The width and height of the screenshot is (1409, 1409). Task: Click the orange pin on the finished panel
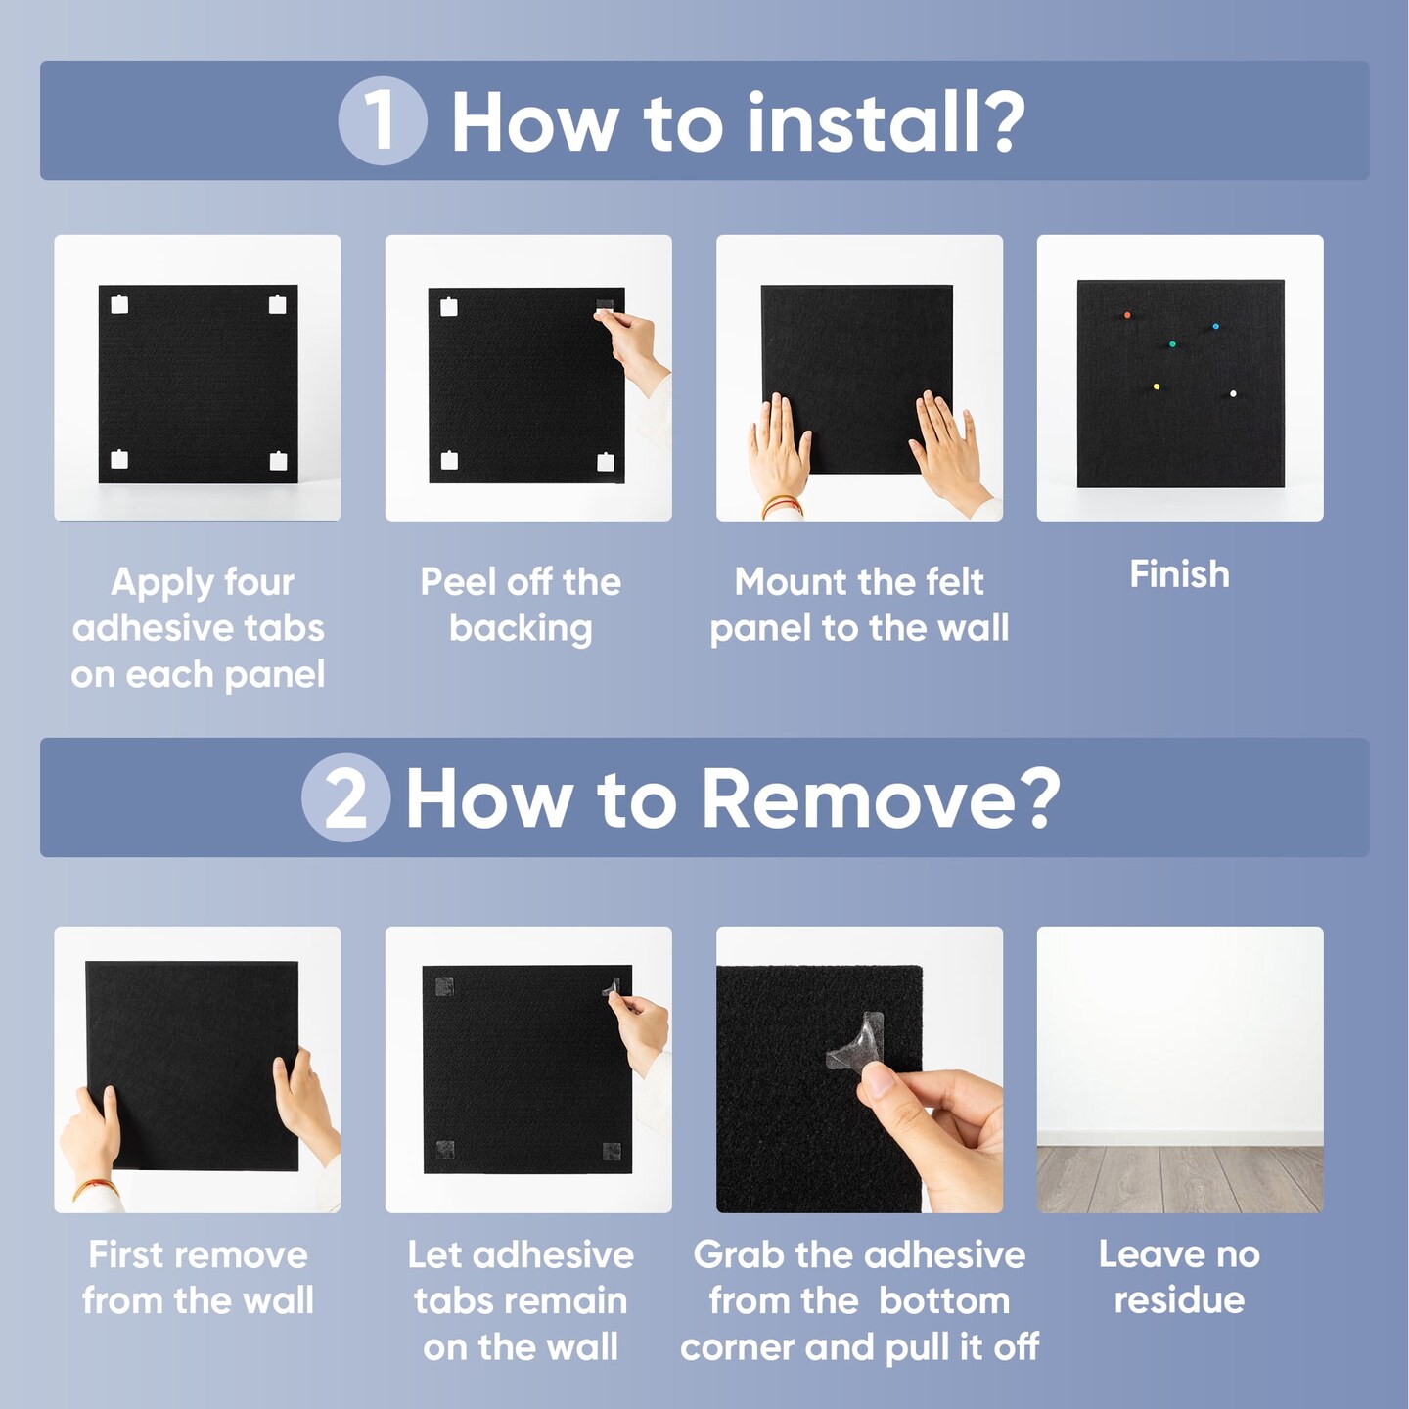click(1127, 315)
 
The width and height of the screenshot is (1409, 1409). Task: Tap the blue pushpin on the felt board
click(1215, 326)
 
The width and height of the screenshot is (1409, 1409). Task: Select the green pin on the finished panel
click(1172, 343)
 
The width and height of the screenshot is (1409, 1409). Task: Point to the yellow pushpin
click(1156, 386)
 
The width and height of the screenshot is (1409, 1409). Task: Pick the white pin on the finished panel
click(1233, 394)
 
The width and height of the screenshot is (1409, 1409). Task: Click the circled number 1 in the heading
click(382, 120)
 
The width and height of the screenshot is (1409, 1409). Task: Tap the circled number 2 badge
click(345, 797)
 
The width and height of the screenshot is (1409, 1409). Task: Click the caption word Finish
click(1179, 574)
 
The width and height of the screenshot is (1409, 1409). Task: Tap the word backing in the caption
click(521, 629)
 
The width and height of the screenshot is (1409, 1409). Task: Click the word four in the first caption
click(259, 582)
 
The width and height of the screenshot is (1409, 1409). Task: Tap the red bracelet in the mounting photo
click(783, 504)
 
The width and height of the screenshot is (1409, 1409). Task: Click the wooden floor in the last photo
click(1179, 1179)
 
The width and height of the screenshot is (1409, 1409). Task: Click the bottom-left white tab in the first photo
click(118, 459)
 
